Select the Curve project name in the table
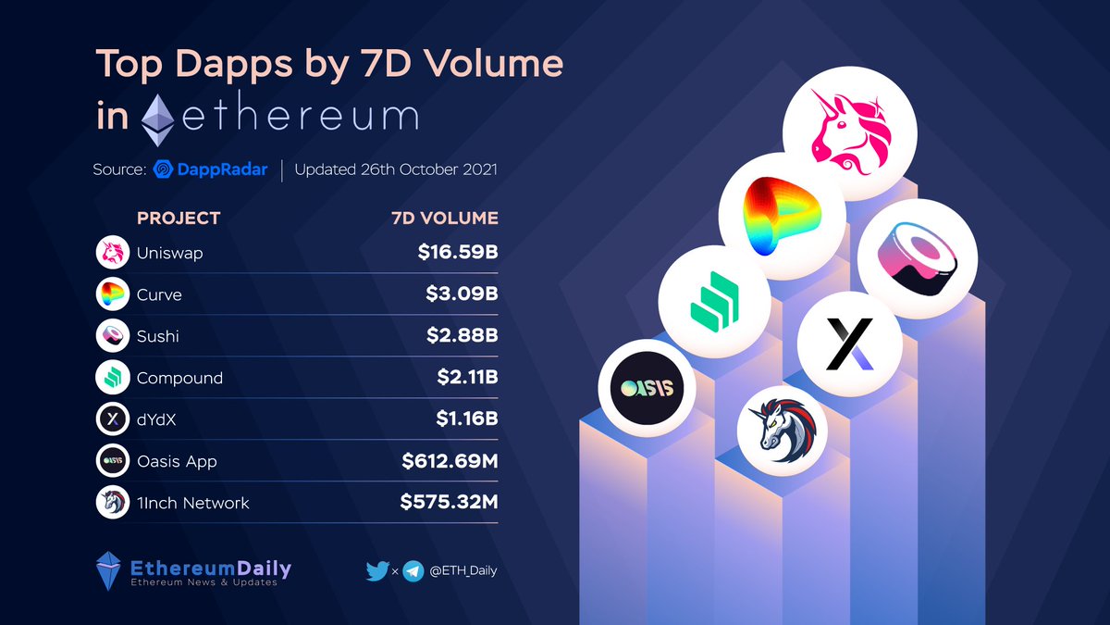tap(159, 294)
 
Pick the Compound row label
tap(179, 378)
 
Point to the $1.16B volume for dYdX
tap(466, 419)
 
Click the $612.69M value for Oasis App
tap(450, 461)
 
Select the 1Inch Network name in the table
tap(192, 503)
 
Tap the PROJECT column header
tap(179, 219)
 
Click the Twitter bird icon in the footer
tap(376, 571)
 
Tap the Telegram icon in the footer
tap(413, 571)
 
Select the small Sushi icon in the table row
tap(112, 336)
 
